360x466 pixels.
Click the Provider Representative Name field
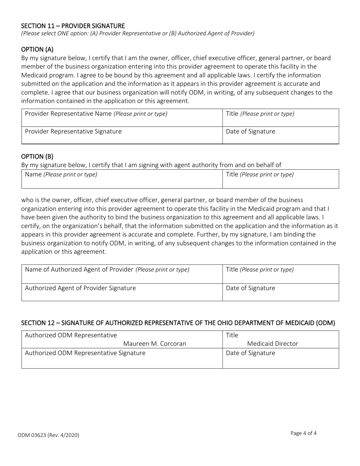pos(122,118)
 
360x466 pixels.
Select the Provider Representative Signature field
pos(122,136)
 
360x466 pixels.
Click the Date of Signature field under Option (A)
pos(280,136)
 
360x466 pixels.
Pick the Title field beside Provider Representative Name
pos(280,118)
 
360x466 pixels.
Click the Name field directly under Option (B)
pos(122,179)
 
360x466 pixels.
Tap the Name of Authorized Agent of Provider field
pos(122,274)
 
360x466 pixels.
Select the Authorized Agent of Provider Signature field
pos(122,292)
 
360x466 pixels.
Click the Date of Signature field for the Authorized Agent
pos(280,292)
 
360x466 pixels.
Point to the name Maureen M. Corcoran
pos(155,344)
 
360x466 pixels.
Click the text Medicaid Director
pos(272,344)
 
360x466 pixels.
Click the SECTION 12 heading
pos(178,323)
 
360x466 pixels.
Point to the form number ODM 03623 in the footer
pos(48,435)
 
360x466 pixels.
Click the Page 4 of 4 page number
pos(304,433)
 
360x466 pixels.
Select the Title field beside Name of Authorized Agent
pos(280,274)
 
